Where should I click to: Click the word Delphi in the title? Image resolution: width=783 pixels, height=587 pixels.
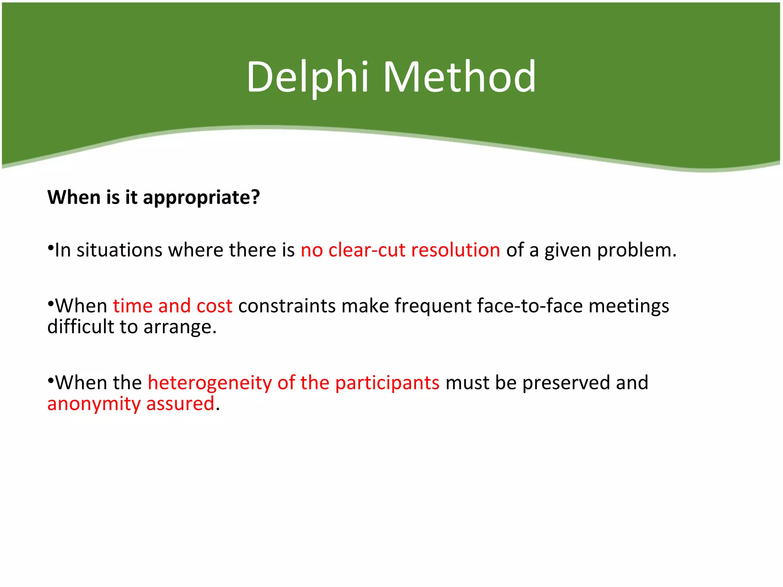[307, 77]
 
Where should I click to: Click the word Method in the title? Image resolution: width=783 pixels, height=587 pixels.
[460, 77]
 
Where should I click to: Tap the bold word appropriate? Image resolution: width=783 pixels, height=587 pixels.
[201, 198]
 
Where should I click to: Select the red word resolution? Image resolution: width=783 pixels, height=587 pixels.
[455, 250]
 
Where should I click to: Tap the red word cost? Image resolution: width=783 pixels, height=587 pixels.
[214, 306]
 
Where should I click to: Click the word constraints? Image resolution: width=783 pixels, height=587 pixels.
[286, 306]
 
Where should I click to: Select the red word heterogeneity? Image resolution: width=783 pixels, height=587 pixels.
[210, 383]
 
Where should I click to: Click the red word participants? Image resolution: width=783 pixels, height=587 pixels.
[387, 383]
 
